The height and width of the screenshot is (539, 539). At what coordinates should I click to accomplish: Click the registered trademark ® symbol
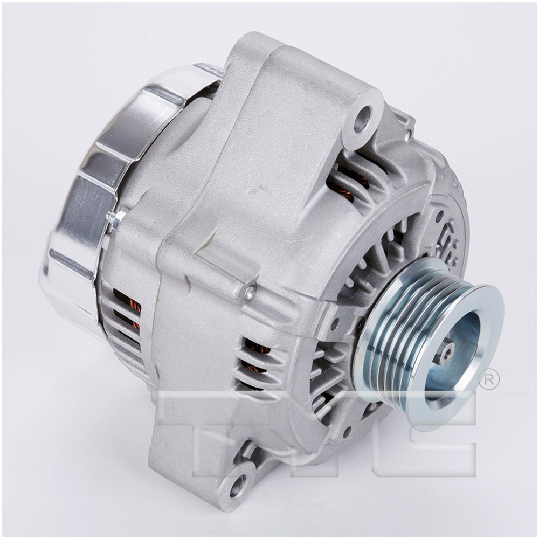pyautogui.click(x=488, y=379)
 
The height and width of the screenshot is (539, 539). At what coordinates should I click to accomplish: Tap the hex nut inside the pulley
pyautogui.click(x=446, y=353)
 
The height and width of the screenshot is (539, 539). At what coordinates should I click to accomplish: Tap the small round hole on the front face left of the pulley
pyautogui.click(x=335, y=325)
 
